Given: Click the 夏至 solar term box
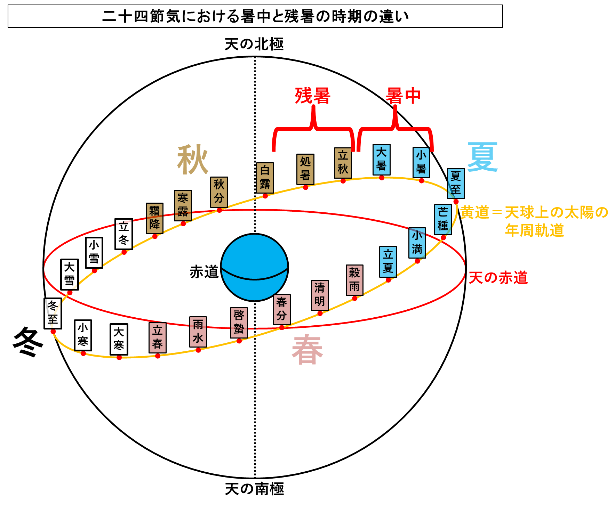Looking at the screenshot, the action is click(x=456, y=184).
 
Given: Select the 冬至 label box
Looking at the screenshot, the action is click(x=53, y=313).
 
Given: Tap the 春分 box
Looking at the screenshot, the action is click(x=282, y=309).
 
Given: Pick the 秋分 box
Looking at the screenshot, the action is click(x=219, y=192).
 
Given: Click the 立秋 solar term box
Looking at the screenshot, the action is click(x=343, y=163).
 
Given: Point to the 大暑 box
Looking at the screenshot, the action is click(x=382, y=160).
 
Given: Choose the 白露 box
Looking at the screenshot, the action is click(x=265, y=178).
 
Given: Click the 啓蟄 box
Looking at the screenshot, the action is click(x=239, y=323).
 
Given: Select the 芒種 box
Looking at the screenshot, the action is click(x=443, y=220).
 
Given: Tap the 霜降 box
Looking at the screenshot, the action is click(x=155, y=218).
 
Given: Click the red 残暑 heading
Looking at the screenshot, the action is click(x=312, y=96).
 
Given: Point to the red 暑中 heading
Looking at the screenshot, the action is click(x=404, y=96).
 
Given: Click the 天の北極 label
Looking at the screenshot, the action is click(x=254, y=44).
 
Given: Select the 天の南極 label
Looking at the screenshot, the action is click(x=254, y=489).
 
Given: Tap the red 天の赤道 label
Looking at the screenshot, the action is click(x=498, y=278).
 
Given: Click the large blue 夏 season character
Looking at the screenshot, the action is click(x=482, y=157).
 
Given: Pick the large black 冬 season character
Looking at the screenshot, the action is click(x=28, y=342).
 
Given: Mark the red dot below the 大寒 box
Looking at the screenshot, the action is click(x=119, y=358).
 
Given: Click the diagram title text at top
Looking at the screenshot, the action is click(x=255, y=16).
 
